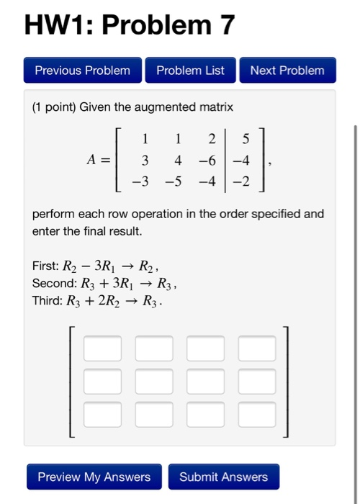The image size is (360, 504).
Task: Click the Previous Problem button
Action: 83,71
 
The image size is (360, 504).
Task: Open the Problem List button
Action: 190,71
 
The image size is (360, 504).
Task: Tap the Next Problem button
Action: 287,71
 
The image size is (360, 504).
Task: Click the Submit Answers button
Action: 223,477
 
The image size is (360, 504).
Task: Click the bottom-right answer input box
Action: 257,414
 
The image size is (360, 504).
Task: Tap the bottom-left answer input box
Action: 102,414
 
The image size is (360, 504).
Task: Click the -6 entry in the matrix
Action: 207,159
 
